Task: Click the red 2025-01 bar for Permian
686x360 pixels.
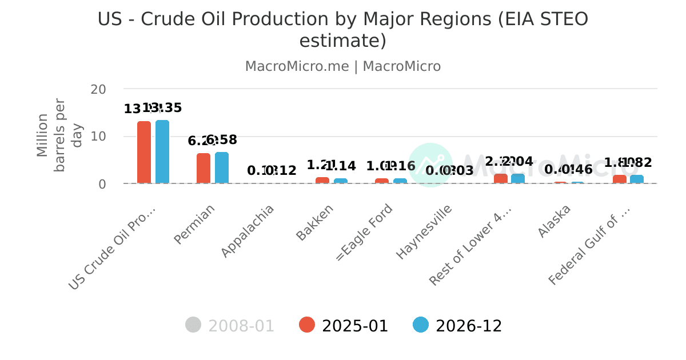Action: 204,168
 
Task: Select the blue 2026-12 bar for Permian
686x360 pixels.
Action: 222,167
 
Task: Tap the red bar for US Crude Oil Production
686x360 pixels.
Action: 144,152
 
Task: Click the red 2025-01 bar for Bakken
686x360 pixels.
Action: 322,181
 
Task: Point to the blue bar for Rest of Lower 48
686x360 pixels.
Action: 518,179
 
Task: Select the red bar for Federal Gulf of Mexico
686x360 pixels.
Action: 620,179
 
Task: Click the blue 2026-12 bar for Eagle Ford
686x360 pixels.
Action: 400,181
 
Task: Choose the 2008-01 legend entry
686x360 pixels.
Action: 230,326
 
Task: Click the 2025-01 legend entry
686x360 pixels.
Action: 344,326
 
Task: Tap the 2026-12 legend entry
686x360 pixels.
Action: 457,326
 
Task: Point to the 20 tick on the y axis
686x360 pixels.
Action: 98,89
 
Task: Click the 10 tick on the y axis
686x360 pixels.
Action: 98,137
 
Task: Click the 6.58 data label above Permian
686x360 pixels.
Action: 222,140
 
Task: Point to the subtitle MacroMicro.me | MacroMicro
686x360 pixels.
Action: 343,66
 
